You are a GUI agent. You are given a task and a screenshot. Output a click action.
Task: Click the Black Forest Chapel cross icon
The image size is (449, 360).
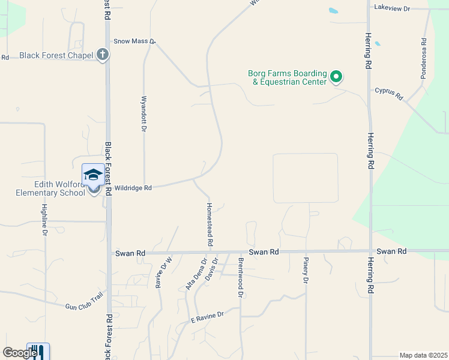coord(103,55)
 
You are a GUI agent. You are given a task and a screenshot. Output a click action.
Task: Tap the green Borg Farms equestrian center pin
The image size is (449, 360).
coord(337,77)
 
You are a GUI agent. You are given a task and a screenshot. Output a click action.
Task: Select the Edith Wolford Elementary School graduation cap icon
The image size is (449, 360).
coord(93,175)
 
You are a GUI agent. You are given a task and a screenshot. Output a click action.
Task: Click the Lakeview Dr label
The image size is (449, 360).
coord(391,8)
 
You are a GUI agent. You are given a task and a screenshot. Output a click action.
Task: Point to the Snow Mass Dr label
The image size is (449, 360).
coord(134,41)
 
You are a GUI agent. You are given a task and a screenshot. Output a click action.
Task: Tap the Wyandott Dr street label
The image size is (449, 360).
coord(144,113)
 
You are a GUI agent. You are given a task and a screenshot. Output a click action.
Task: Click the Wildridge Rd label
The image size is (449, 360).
coord(133,187)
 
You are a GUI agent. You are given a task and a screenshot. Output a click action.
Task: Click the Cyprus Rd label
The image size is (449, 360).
coord(389,94)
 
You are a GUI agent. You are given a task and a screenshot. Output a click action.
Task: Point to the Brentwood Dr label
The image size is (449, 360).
coord(240,277)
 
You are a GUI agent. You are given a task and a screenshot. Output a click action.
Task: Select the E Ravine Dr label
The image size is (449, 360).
coord(207,316)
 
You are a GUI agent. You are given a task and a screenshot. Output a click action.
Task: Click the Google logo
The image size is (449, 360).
coord(20,353)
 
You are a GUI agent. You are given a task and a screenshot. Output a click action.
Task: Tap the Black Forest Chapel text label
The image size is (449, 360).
coord(56,55)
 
